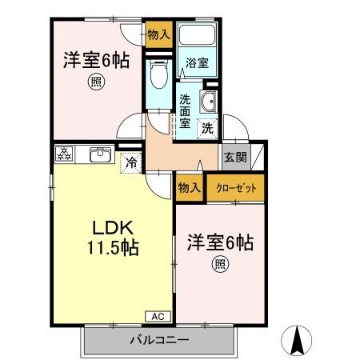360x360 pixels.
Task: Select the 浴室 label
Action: tap(197, 62)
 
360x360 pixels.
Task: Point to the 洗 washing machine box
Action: tap(207, 126)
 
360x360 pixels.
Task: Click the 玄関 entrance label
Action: tap(235, 158)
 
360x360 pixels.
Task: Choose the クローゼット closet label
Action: tap(235, 189)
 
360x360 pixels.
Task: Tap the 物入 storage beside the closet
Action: tap(190, 188)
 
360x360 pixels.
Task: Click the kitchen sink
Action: tap(100, 154)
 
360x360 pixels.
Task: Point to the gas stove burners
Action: tap(65, 154)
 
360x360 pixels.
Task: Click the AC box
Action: tap(157, 316)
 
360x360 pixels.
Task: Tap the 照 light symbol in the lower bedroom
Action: tap(218, 264)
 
